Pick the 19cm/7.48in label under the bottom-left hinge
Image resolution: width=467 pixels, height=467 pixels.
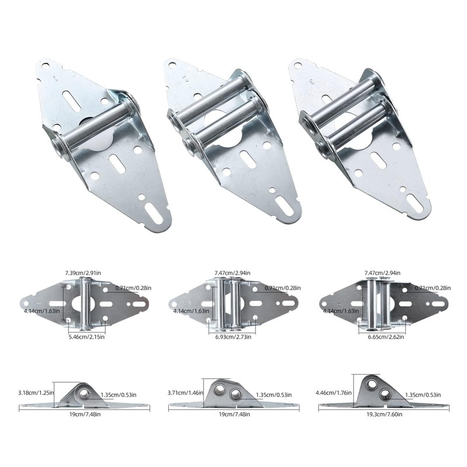click(85, 414)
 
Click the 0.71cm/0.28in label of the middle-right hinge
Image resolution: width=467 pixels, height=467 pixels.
click(433, 288)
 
